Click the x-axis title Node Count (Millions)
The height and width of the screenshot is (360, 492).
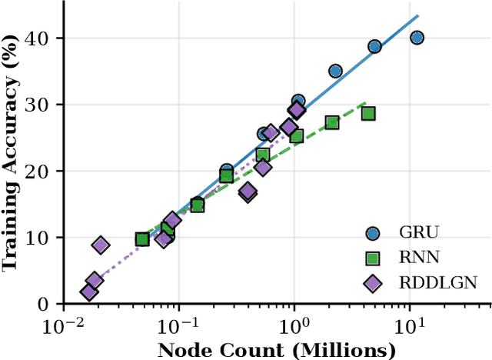277,351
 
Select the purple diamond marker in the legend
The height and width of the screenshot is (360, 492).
373,283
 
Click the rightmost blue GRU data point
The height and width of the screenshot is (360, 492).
417,38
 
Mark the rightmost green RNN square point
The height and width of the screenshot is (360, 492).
368,114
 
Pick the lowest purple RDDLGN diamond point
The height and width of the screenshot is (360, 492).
89,292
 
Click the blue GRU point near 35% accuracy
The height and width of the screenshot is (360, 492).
335,71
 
